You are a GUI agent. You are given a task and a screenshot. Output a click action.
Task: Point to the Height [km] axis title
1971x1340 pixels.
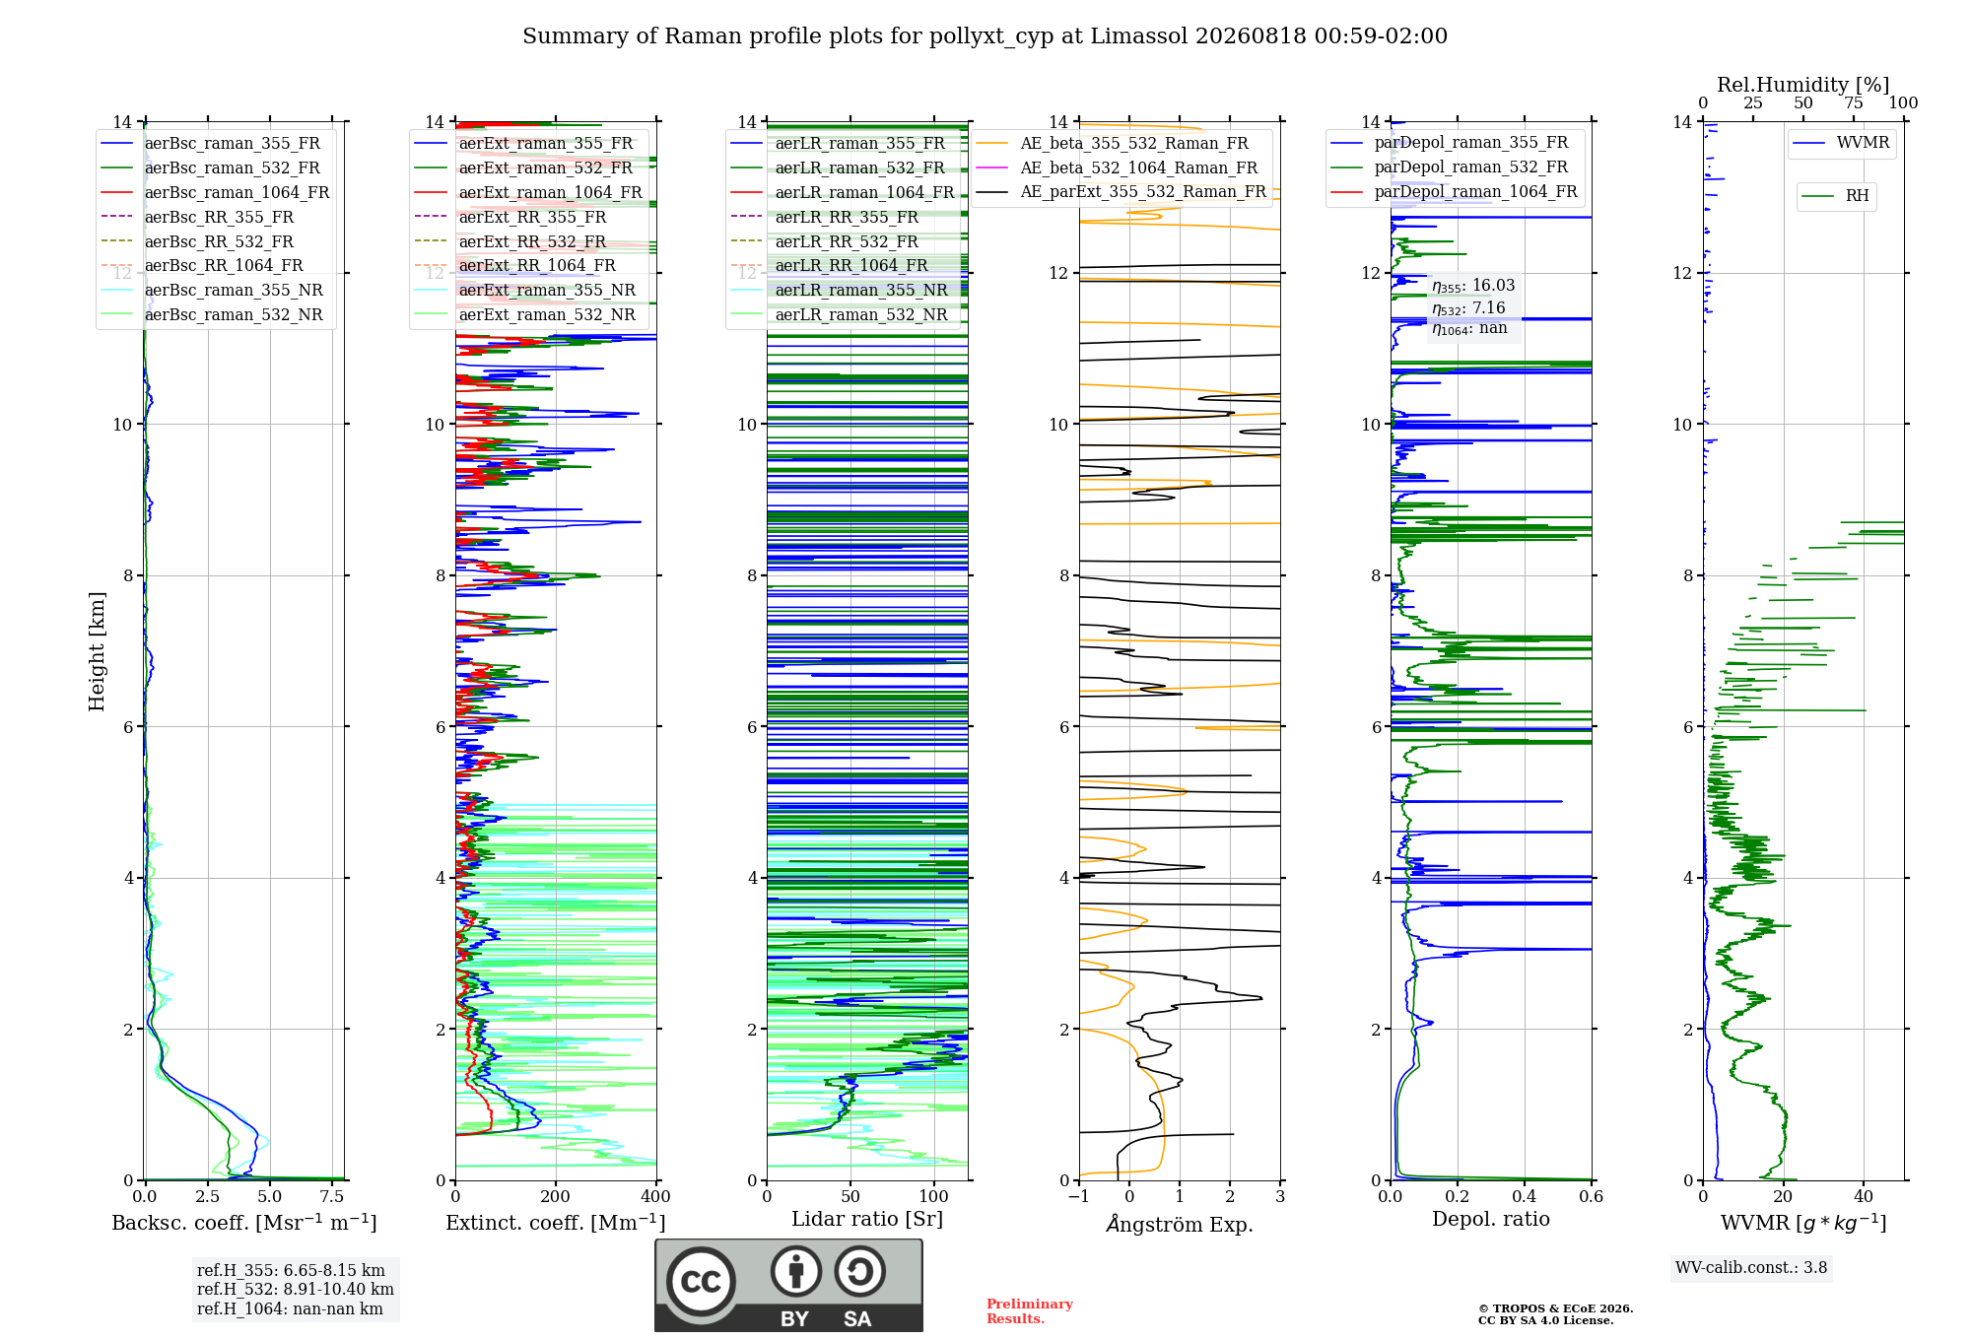pyautogui.click(x=97, y=651)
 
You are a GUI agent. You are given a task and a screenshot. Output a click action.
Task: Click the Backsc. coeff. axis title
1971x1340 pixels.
pyautogui.click(x=244, y=1222)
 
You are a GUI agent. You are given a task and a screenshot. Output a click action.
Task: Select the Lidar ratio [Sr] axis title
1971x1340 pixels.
pyautogui.click(x=867, y=1219)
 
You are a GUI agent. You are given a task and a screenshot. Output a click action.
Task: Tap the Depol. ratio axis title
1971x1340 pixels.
pyautogui.click(x=1491, y=1219)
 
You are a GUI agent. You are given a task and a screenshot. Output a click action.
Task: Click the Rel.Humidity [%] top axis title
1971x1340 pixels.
pyautogui.click(x=1803, y=85)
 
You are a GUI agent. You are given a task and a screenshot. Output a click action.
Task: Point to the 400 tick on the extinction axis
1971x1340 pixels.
pyautogui.click(x=656, y=1196)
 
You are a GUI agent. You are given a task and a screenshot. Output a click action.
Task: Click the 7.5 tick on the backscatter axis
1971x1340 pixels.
pyautogui.click(x=332, y=1196)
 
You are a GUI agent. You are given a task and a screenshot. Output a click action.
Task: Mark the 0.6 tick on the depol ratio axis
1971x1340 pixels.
pyautogui.click(x=1592, y=1196)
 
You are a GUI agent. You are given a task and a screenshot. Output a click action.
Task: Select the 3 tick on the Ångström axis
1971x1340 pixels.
pyautogui.click(x=1280, y=1196)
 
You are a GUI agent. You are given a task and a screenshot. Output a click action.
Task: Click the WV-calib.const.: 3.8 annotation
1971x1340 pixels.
pyautogui.click(x=1751, y=1268)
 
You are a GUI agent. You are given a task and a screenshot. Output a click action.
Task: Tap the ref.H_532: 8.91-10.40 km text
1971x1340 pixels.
pyautogui.click(x=296, y=1289)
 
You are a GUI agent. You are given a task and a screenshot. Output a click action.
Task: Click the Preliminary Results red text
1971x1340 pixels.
pyautogui.click(x=1030, y=1311)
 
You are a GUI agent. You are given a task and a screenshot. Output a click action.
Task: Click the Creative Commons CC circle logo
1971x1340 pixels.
pyautogui.click(x=702, y=1281)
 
